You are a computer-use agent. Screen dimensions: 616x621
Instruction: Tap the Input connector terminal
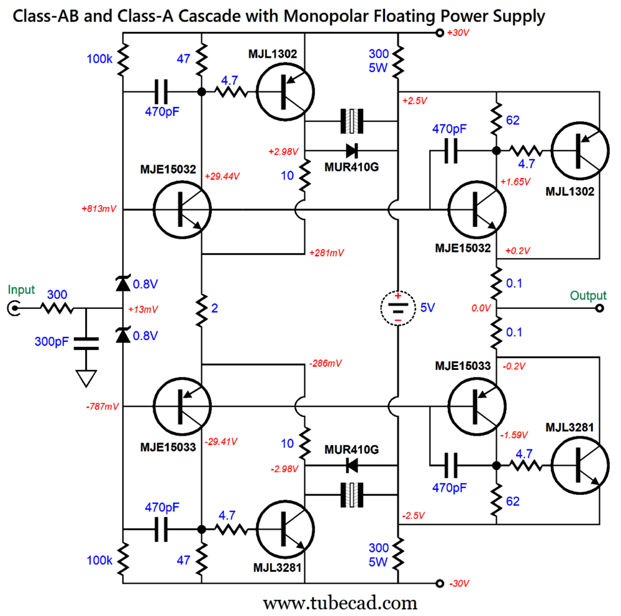tap(12, 308)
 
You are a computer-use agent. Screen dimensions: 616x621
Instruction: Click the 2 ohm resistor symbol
tap(202, 308)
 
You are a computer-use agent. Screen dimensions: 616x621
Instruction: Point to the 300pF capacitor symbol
tap(86, 341)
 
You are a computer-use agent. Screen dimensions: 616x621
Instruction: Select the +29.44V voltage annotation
tap(222, 177)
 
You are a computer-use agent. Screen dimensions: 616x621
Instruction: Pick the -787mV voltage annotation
tap(98, 407)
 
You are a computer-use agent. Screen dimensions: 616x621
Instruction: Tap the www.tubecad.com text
tap(340, 602)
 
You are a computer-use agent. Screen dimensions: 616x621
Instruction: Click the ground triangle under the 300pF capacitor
tap(86, 377)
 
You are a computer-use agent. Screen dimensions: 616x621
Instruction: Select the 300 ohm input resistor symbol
tap(57, 308)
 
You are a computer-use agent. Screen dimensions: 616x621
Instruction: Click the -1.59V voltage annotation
tap(517, 434)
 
